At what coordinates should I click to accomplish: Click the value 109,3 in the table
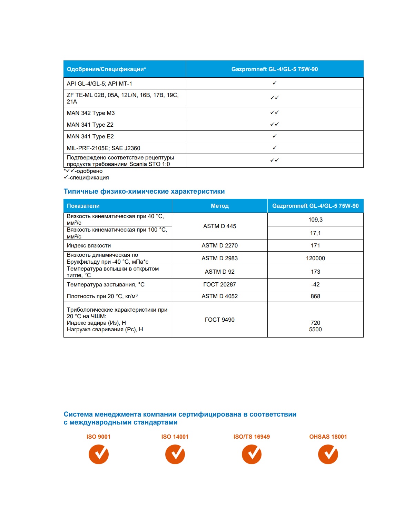315,219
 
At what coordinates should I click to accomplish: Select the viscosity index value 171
315,245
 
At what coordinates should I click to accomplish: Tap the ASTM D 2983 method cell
219,258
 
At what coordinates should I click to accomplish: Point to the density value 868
315,296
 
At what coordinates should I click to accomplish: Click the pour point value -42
315,284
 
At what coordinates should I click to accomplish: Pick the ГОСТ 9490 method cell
219,320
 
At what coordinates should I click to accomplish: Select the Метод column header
219,206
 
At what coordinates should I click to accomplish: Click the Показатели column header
83,206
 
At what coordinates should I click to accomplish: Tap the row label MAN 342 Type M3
91,113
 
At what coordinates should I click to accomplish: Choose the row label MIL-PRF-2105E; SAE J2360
103,148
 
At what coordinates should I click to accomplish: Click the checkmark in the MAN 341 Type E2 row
275,136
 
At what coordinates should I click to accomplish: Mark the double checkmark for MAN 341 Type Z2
275,124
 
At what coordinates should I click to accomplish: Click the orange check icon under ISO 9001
99,454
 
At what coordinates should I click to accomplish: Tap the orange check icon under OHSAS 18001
328,454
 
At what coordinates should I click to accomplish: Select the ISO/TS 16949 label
252,437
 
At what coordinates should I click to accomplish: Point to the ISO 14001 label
175,437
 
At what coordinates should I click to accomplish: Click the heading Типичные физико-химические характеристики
144,191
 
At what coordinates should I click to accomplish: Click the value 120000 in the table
315,258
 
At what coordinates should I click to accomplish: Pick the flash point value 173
315,272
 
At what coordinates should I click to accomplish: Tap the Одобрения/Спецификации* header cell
106,69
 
